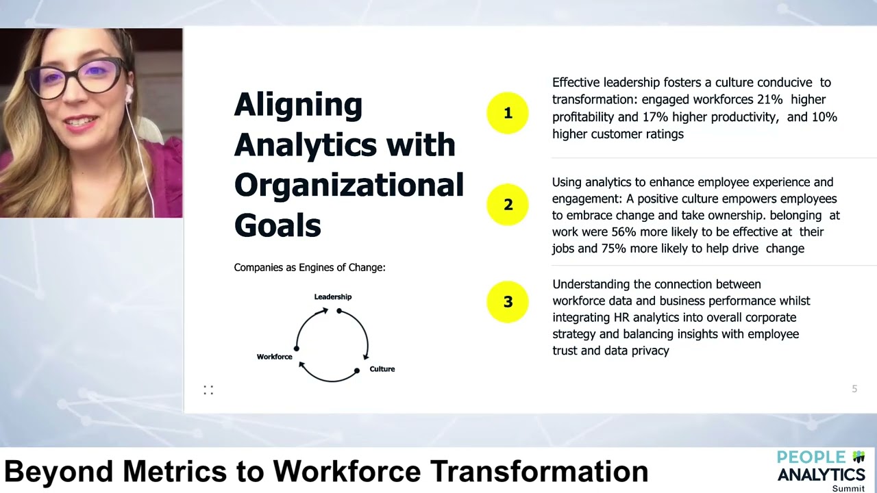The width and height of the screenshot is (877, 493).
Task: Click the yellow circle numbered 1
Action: (508, 113)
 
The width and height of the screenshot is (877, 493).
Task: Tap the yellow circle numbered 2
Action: (508, 205)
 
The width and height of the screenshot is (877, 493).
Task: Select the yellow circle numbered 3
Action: (508, 302)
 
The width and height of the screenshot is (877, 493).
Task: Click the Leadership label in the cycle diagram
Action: (333, 296)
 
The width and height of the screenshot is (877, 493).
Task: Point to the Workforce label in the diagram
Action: (274, 357)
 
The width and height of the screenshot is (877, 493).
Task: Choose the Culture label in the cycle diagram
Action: (382, 369)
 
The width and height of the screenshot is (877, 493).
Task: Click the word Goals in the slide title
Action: (277, 225)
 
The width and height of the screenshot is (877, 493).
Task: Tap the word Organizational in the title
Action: (349, 185)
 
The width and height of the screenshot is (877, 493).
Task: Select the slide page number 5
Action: (854, 389)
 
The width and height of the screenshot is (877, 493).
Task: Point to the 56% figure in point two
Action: (624, 231)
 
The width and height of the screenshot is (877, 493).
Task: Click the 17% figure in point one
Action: (654, 117)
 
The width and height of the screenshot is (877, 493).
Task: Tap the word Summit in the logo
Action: (848, 488)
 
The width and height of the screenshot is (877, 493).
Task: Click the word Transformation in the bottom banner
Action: (539, 471)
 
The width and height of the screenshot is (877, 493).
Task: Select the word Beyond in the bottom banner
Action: (59, 471)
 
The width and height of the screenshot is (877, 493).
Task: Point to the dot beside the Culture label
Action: (356, 370)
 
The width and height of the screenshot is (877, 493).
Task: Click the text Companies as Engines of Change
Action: (310, 268)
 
